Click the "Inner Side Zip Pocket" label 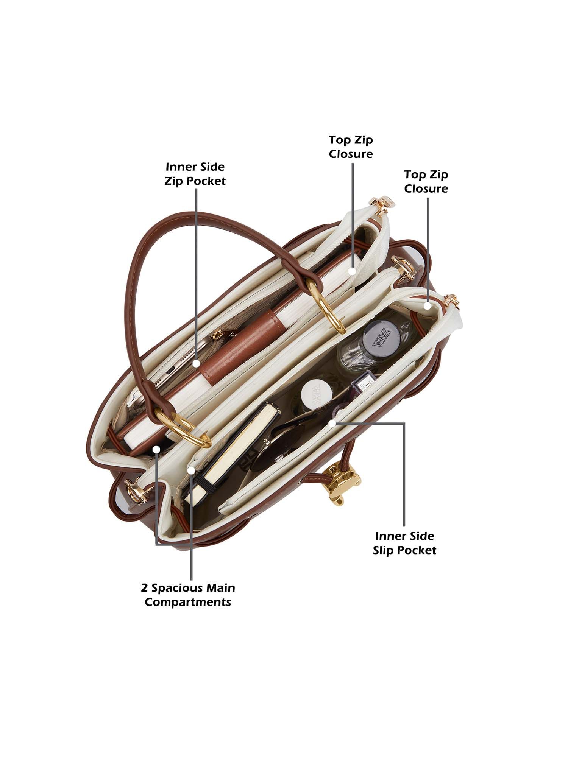195,174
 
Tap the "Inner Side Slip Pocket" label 404,543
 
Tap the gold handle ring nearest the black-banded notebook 189,428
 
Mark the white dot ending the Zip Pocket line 196,363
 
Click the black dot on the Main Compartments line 156,450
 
